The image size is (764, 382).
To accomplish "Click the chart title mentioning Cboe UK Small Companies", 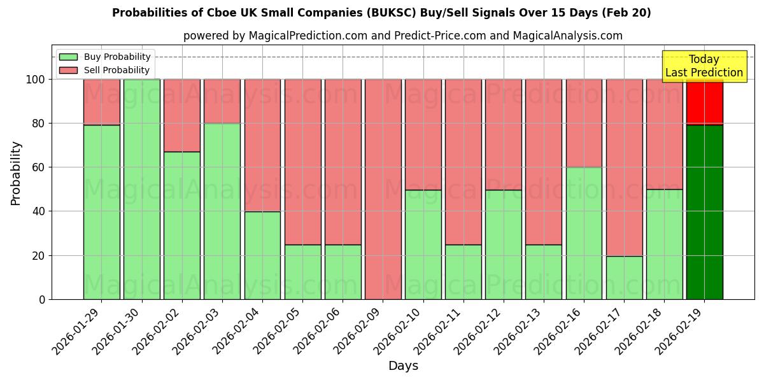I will click(381, 13).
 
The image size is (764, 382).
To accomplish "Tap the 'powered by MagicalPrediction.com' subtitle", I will click(402, 36).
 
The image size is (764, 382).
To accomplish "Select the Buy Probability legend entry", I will click(117, 57).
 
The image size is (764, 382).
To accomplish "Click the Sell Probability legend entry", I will click(117, 70).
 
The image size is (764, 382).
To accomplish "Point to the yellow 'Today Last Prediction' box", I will click(704, 66).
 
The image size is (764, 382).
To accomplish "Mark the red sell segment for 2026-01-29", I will click(102, 102).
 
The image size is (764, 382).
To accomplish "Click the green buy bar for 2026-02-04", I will click(262, 255).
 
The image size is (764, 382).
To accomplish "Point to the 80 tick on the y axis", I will click(39, 124).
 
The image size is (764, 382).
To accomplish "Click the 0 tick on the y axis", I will click(42, 299).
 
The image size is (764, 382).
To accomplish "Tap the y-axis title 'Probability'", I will click(16, 173).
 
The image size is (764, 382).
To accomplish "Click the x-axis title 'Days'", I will click(403, 366).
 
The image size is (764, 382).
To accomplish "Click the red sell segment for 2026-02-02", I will click(182, 115).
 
